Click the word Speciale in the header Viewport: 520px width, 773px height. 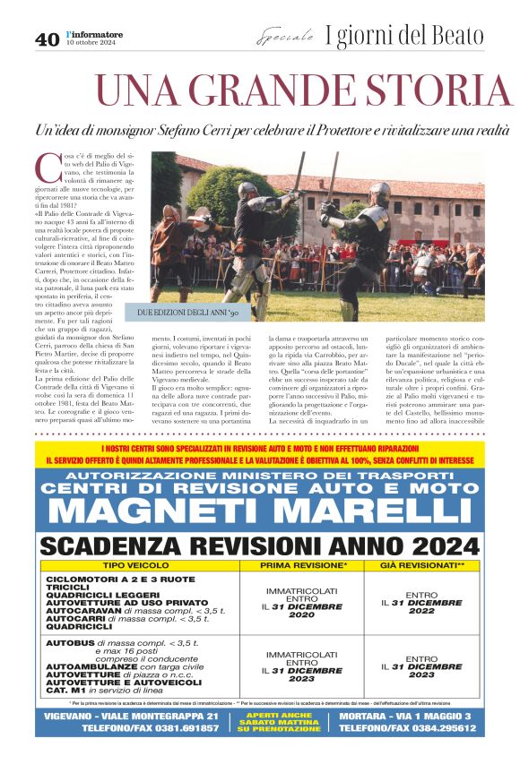285,38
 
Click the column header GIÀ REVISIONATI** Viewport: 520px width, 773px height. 421,567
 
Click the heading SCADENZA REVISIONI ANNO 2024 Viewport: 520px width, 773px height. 260,546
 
